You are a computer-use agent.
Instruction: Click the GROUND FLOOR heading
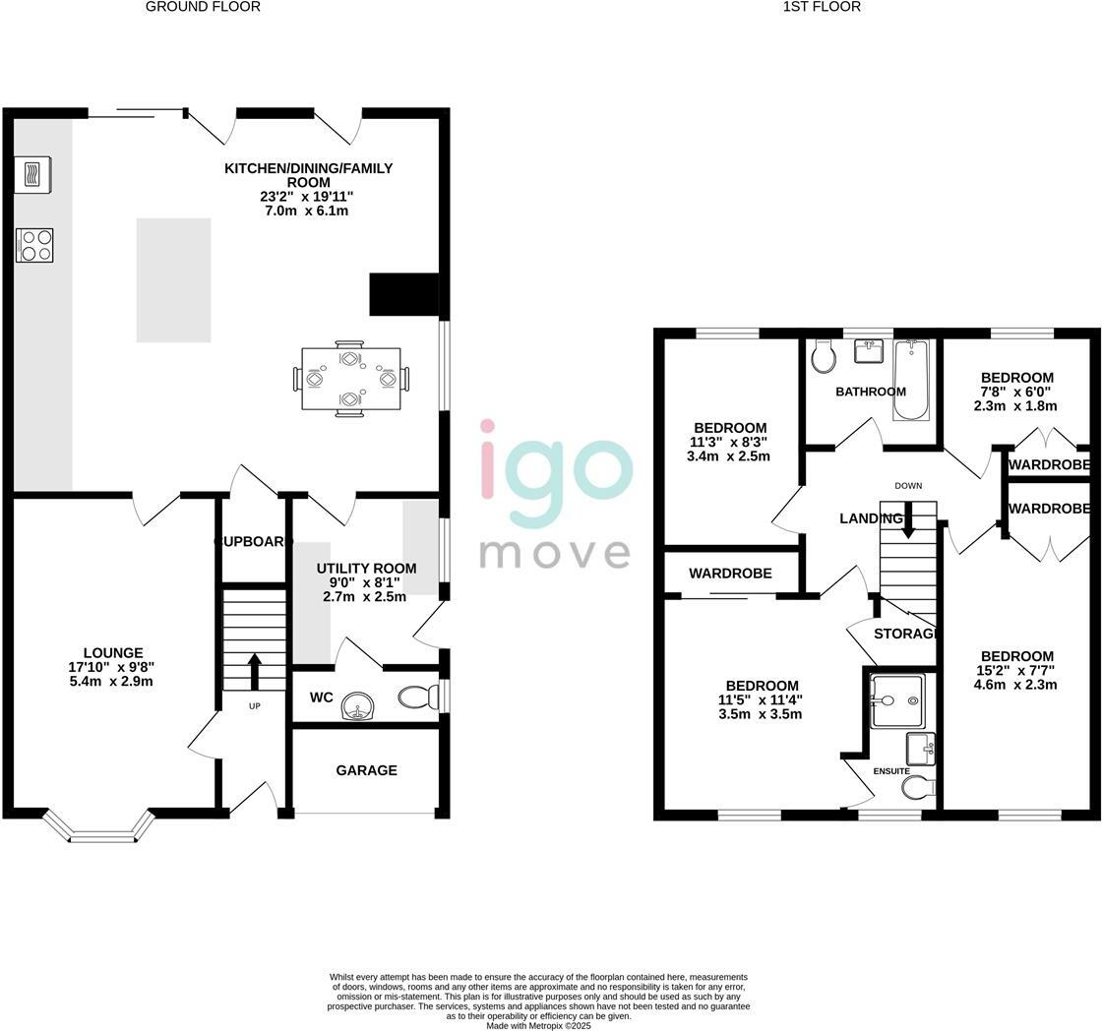tap(203, 7)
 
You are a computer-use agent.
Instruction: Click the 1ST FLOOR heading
tap(822, 7)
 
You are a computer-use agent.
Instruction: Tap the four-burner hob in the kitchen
tap(34, 245)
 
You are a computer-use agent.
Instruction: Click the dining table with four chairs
tap(350, 379)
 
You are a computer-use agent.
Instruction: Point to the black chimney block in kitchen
tap(403, 294)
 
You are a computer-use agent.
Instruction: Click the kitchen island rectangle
tap(173, 280)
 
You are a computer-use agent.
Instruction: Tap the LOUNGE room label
tap(113, 652)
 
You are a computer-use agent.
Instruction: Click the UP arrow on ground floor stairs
tap(254, 671)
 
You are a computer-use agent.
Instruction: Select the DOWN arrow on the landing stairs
tap(908, 518)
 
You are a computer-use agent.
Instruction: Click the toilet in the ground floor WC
tap(419, 697)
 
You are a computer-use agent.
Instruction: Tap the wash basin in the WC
tap(360, 706)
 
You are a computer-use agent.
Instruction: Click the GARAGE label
tap(367, 770)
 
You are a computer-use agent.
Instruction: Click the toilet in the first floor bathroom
tap(824, 358)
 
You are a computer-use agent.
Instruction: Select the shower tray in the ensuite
tap(897, 700)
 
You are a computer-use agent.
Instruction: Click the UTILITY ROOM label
tap(366, 568)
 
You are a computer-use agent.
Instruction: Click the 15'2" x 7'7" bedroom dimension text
tap(1016, 671)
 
